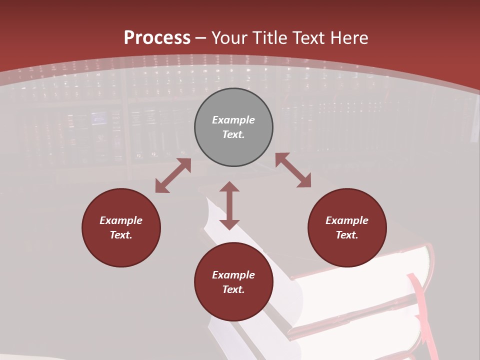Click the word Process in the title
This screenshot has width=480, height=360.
[x=157, y=38]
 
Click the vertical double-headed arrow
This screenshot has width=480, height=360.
[x=229, y=205]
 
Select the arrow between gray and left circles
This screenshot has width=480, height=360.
[x=173, y=175]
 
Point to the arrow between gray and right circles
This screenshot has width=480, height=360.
[x=293, y=170]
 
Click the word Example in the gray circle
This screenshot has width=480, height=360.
[x=233, y=120]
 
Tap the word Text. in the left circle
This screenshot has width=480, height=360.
[x=121, y=235]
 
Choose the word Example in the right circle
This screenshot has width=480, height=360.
[x=347, y=220]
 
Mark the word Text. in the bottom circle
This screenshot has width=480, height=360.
[x=233, y=289]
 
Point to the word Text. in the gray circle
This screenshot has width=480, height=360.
[x=233, y=134]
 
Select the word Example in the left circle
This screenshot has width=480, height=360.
[x=121, y=220]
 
